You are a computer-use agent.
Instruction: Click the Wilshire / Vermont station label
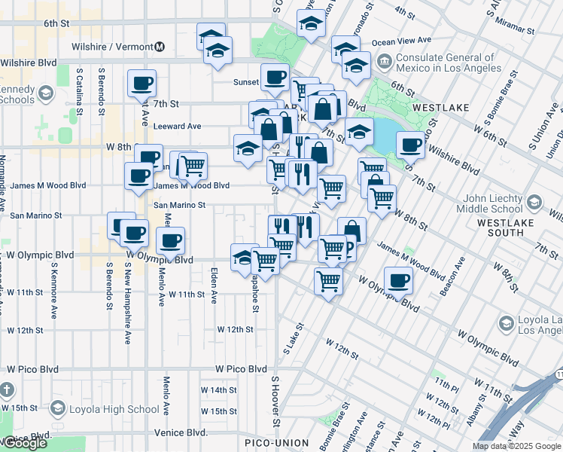(113, 47)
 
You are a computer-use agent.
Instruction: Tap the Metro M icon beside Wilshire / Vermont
(160, 47)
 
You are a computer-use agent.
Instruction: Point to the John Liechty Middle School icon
(534, 202)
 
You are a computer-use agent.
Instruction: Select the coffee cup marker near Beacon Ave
(397, 279)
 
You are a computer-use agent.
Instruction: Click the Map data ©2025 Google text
(516, 446)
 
